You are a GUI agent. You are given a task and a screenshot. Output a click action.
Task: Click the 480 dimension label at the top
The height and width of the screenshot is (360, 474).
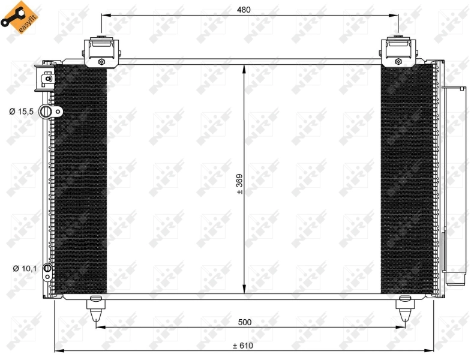pyautogui.click(x=243, y=9)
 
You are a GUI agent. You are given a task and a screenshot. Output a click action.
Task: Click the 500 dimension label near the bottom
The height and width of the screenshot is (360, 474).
pyautogui.click(x=244, y=322)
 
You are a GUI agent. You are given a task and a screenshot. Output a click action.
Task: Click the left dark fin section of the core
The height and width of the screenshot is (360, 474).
pyautogui.click(x=80, y=180)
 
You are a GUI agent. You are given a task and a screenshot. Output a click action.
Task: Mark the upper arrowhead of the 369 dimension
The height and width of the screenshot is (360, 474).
pyautogui.click(x=244, y=68)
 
